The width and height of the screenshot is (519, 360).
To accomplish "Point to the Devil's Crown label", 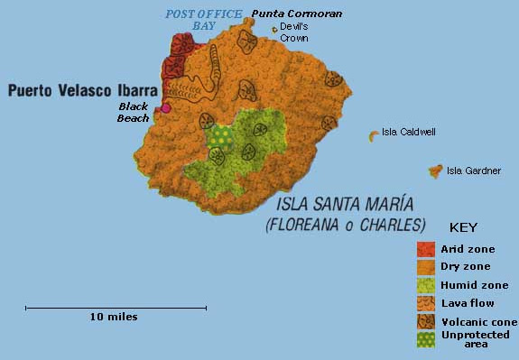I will point(294,32).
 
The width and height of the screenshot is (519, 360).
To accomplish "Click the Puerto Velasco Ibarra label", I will point(82,90).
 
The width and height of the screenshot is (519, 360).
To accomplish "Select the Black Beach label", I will point(133,111).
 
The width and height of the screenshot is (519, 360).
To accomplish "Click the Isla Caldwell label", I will point(409,132).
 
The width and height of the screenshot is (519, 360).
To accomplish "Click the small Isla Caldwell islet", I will point(373,135).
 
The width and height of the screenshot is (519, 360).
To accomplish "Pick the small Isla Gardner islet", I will point(435,170).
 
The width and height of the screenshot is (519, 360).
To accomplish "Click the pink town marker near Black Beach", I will point(165,108).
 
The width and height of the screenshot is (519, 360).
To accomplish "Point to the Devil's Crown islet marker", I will point(274,29).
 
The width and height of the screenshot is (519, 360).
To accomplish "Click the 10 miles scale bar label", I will point(115,317).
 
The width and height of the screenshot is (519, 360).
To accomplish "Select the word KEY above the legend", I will point(463,227).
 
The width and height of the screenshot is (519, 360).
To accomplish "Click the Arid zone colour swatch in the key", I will point(426,248).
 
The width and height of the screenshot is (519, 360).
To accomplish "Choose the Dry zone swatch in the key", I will point(426,266).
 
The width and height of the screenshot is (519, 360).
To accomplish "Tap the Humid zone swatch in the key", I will point(426,285).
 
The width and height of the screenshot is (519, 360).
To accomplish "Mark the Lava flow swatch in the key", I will point(426,303).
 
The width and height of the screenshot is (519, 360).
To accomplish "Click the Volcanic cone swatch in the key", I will point(426,322).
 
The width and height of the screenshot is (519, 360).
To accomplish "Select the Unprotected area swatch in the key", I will point(426,340).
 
